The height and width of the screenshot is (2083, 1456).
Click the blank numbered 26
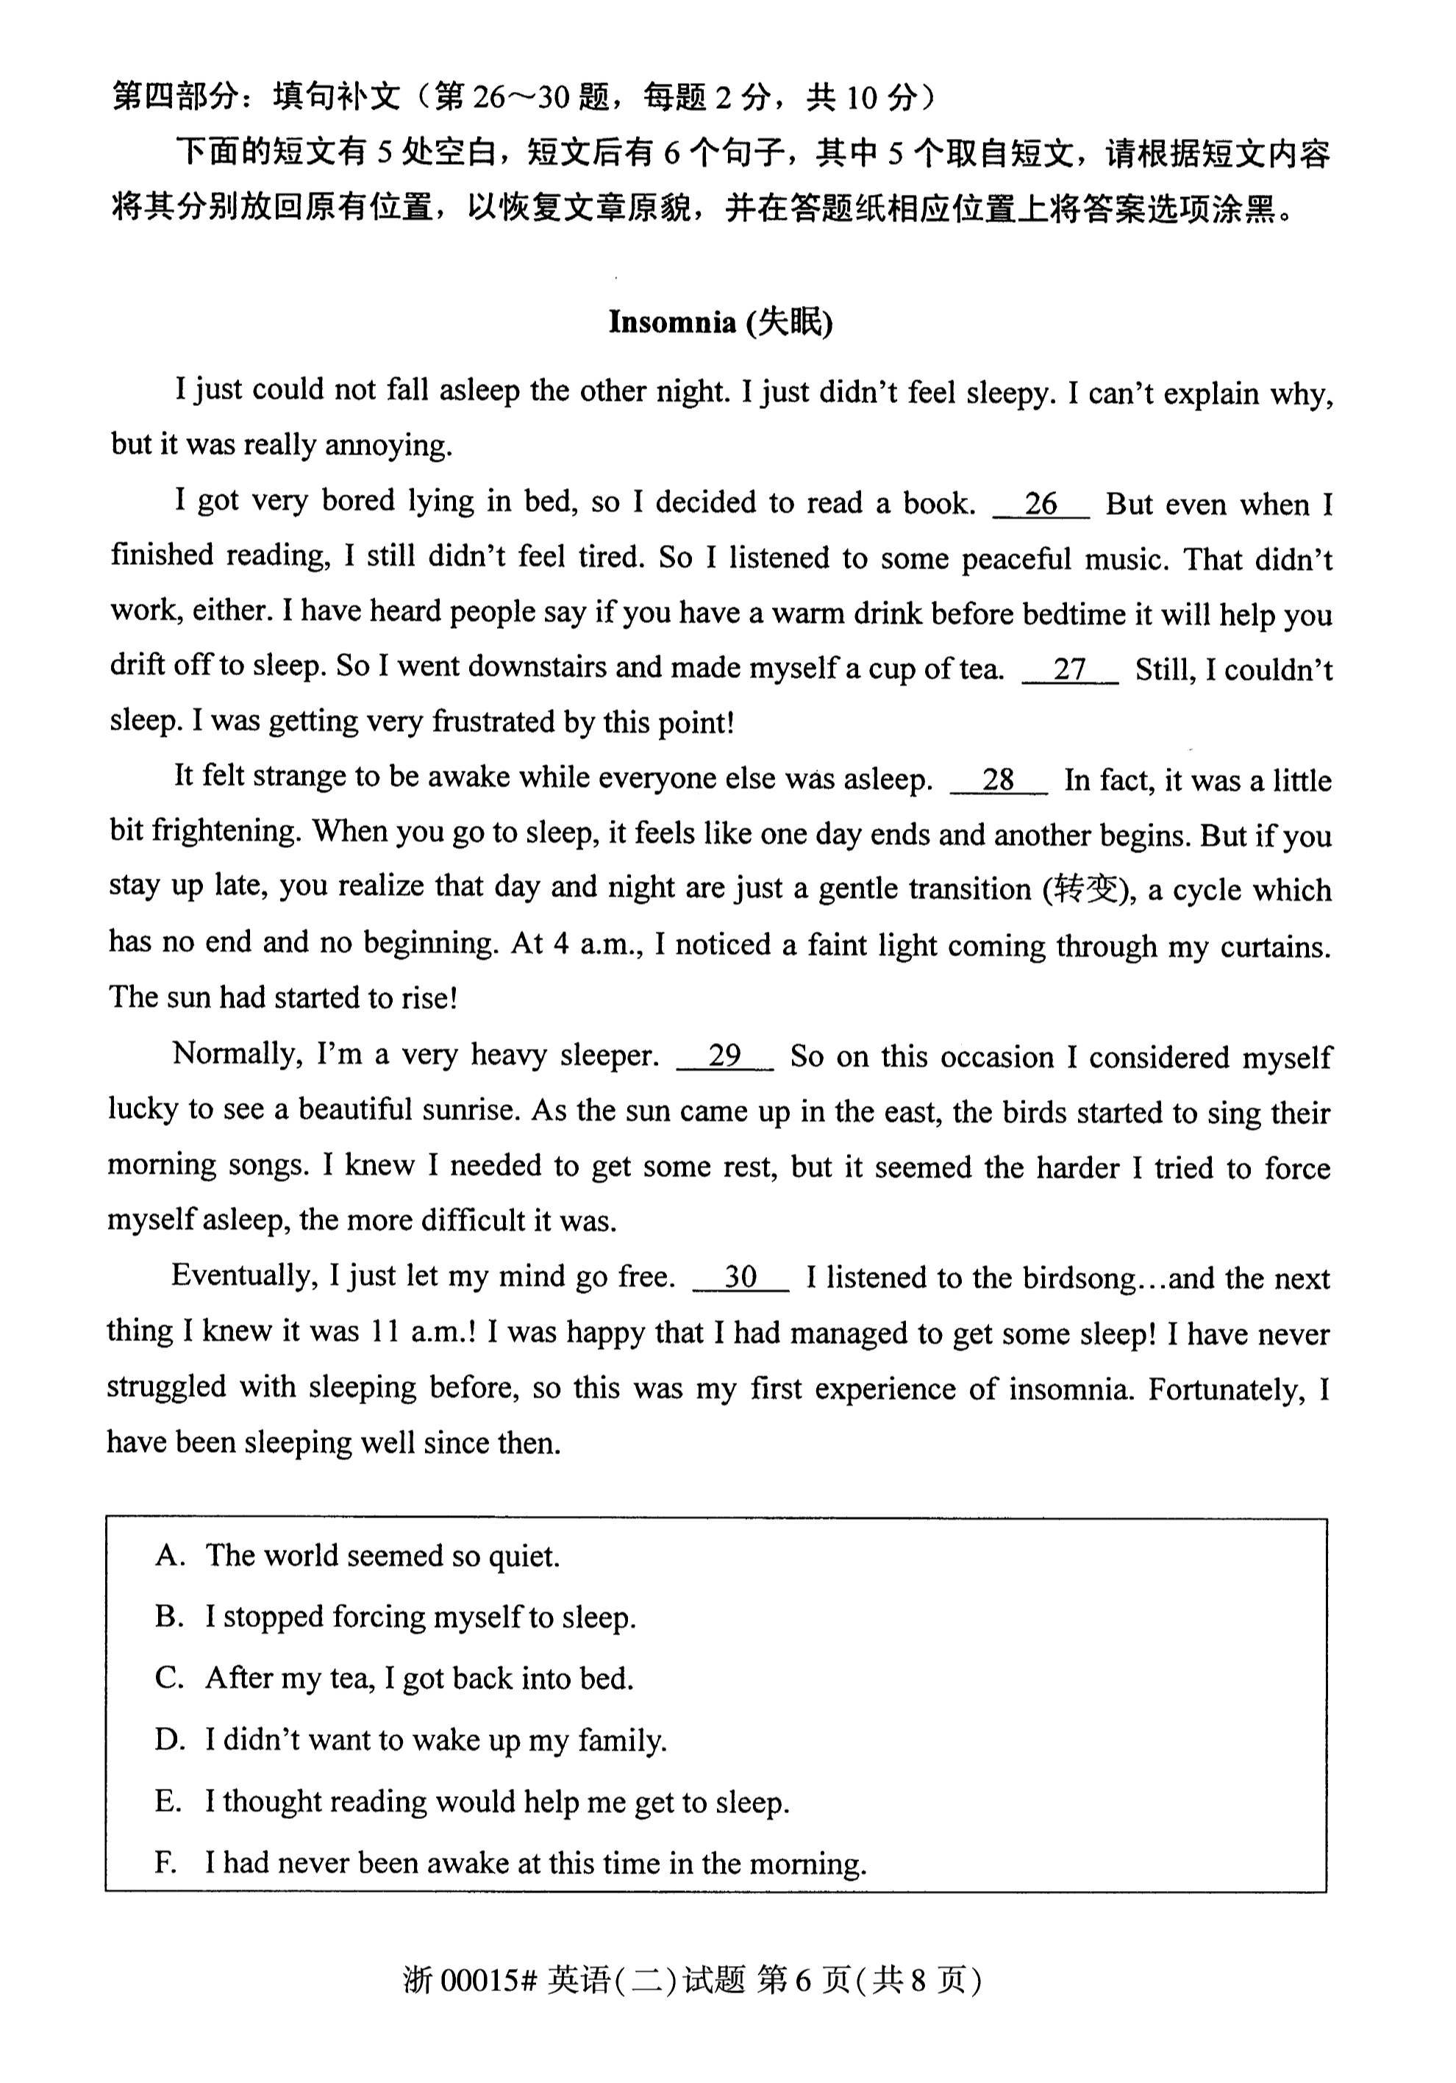point(1041,505)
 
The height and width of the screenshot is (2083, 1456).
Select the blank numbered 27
point(1069,669)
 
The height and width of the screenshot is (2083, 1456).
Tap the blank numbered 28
point(998,780)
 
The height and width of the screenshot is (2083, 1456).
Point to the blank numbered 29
point(725,1055)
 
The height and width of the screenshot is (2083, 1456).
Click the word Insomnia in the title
point(671,322)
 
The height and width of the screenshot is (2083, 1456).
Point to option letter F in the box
point(165,1862)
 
